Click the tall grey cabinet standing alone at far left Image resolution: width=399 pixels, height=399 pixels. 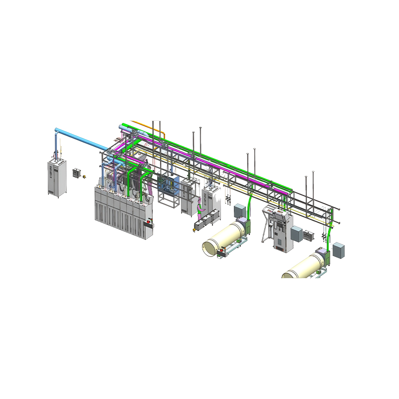[x=57, y=178]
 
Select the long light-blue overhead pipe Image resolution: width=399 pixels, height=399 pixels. [x=82, y=138]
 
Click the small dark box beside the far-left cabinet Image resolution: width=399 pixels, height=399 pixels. [x=77, y=173]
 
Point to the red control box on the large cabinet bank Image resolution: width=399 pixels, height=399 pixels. [x=148, y=224]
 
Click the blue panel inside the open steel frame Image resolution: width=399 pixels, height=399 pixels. [x=169, y=186]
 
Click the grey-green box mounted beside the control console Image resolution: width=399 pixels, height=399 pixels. [x=296, y=233]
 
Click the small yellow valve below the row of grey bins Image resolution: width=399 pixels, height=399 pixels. [x=194, y=230]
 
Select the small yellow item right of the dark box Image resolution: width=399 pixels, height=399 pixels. [x=85, y=176]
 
